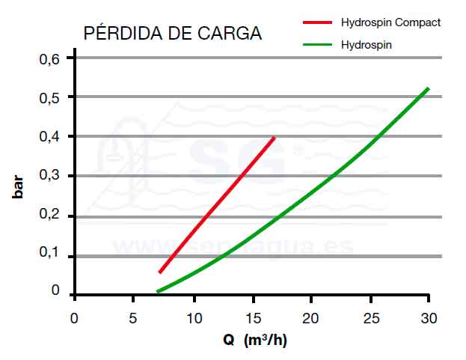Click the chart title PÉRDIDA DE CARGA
(172, 34)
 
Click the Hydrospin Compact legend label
(390, 22)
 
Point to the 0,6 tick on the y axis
(49, 58)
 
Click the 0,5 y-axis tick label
(49, 97)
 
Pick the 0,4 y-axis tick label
(49, 137)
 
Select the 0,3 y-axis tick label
(49, 177)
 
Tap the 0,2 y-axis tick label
(49, 216)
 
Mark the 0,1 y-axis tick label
(49, 256)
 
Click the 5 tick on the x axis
(132, 318)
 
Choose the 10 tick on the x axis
(193, 318)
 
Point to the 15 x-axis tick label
(252, 318)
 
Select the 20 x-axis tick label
(310, 318)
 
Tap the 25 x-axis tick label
(370, 318)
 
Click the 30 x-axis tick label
(429, 318)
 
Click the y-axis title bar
(18, 186)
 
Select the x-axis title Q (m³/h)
(254, 341)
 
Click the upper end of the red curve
(275, 138)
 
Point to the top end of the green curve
(428, 89)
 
